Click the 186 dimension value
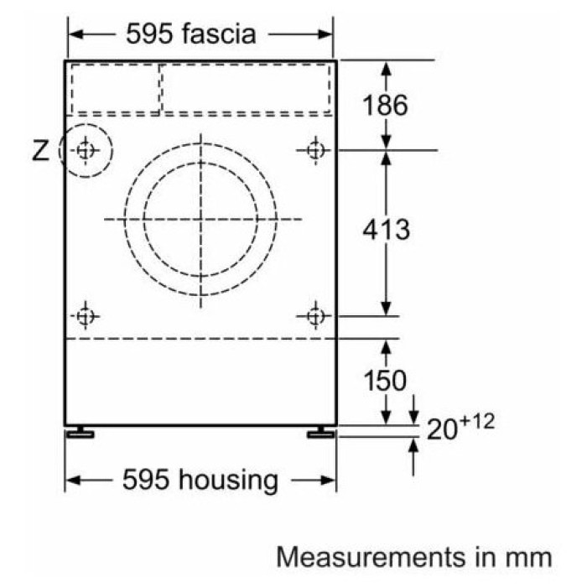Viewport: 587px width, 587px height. coord(385,105)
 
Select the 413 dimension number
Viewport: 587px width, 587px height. coord(386,229)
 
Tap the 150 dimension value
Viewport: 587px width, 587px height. coord(385,381)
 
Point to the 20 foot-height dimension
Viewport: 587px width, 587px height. coord(442,429)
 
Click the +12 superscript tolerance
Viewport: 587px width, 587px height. coord(477,422)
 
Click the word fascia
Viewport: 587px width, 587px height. coord(219,34)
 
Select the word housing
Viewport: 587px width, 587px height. coord(228,481)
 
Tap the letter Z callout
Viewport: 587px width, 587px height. coord(40,150)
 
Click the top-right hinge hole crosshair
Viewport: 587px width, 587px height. coord(315,150)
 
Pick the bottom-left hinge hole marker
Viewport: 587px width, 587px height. coord(86,316)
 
